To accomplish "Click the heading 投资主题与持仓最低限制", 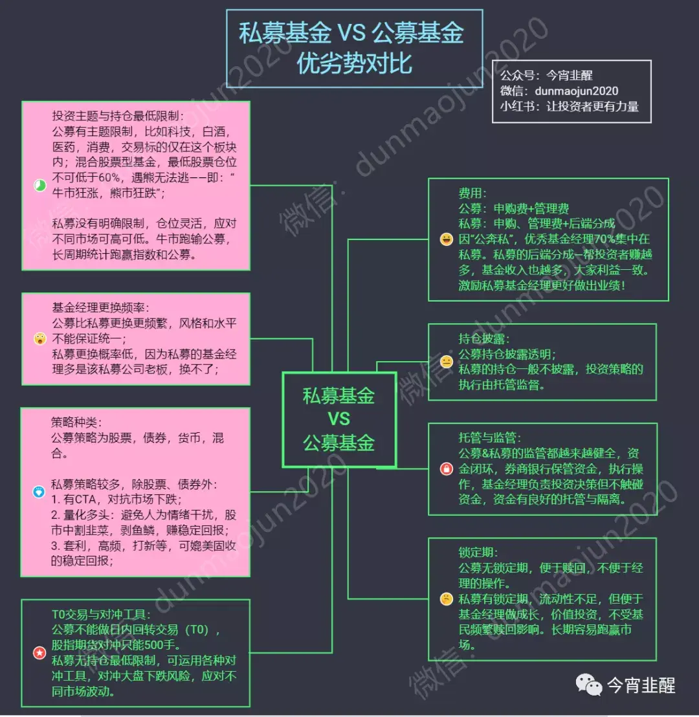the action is (x=118, y=116).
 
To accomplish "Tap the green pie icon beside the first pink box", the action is (x=39, y=186).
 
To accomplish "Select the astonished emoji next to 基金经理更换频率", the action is (x=39, y=338).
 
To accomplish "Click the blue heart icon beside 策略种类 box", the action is (x=39, y=492).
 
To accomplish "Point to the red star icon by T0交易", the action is (x=39, y=653).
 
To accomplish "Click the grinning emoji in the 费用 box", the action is (x=446, y=240).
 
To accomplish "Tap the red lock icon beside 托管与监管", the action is (x=446, y=469).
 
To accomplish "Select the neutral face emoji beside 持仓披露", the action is (x=446, y=362).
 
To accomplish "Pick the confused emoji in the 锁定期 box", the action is (x=446, y=599).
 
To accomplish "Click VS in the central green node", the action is (x=338, y=419).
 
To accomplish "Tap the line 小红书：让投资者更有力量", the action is (x=569, y=107).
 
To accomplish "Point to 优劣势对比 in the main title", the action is (x=354, y=64).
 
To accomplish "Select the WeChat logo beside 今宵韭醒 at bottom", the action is (x=589, y=685).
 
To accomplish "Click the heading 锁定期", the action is (x=478, y=553).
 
